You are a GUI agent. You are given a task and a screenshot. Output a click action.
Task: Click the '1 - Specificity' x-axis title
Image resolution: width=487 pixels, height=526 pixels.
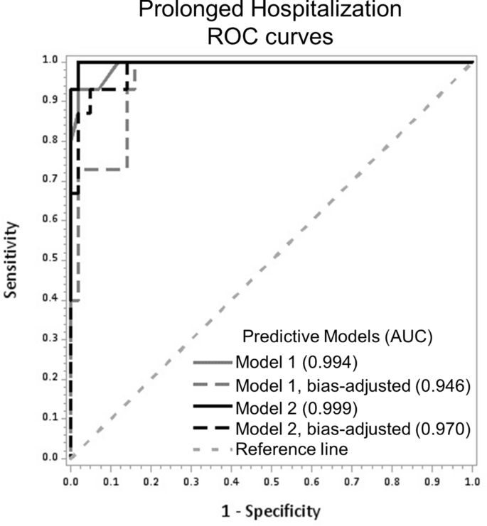click(272, 510)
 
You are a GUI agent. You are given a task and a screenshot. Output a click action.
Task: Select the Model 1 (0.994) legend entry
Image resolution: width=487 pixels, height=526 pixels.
click(283, 361)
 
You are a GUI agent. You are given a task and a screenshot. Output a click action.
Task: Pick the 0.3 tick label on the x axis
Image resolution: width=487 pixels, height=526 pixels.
click(191, 481)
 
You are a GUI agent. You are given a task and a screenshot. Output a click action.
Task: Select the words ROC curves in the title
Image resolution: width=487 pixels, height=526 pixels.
click(271, 37)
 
